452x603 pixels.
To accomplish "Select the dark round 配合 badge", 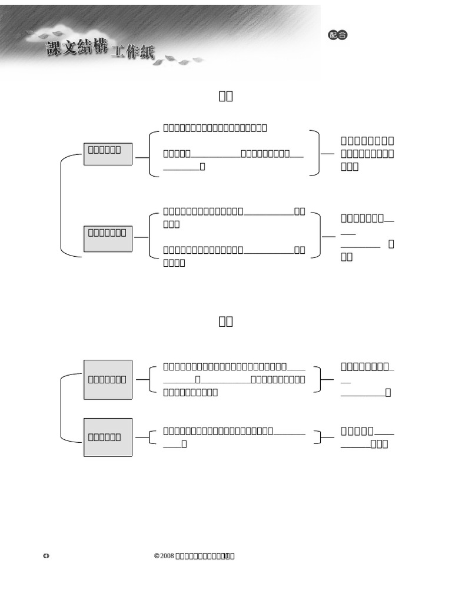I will [337, 35].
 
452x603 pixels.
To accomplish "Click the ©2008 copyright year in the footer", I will [164, 556].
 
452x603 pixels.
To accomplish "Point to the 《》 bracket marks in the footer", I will [46, 556].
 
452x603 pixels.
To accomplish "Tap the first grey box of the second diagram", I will [108, 379].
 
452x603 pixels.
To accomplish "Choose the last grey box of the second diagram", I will [108, 437].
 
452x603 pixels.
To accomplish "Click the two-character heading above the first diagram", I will [226, 96].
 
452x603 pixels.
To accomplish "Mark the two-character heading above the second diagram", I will [226, 321].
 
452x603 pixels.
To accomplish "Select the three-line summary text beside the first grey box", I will [367, 154].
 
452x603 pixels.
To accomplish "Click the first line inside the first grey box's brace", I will [215, 128].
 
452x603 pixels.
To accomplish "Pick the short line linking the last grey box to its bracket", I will [141, 438].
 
